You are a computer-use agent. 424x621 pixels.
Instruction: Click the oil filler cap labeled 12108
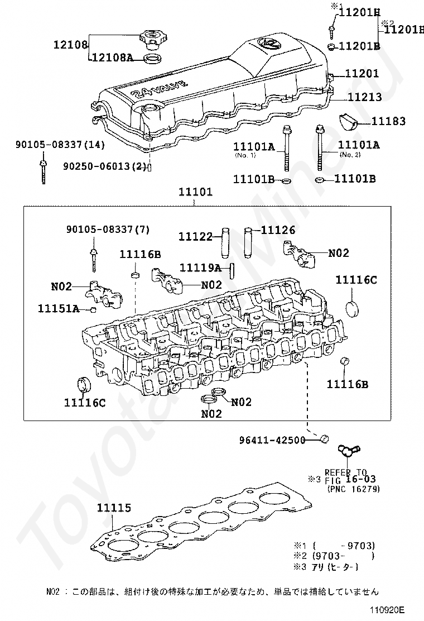pos(151,39)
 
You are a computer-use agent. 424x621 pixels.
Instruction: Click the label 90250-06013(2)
pos(104,166)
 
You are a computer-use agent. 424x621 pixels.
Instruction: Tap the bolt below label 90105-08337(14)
pos(43,170)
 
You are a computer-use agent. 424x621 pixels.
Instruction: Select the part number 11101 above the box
pos(195,193)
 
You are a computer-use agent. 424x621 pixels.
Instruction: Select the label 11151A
pos(59,308)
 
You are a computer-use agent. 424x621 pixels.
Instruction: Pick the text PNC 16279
pos(354,489)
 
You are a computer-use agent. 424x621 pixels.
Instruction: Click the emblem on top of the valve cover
pos(267,45)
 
